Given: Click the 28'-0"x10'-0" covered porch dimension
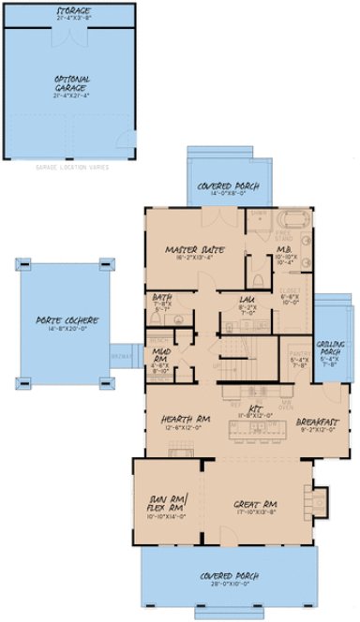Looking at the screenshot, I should (x=225, y=584).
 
